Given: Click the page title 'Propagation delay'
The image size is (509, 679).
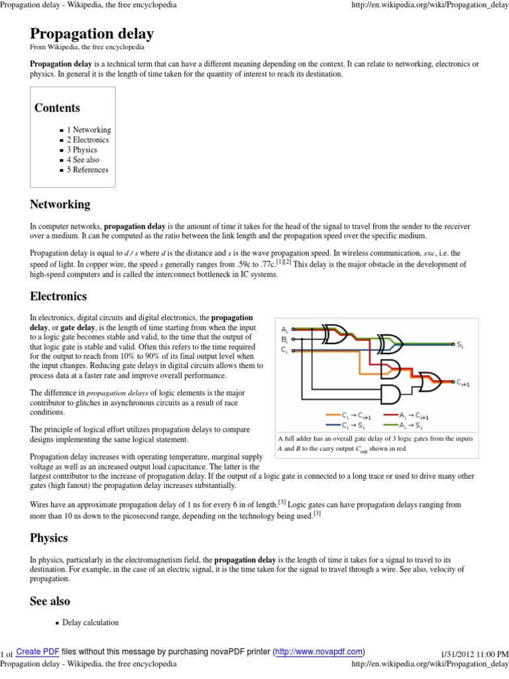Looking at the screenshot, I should click(91, 34).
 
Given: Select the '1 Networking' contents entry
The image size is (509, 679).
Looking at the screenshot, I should click(88, 130).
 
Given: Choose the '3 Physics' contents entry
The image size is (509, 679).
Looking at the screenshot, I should click(82, 150).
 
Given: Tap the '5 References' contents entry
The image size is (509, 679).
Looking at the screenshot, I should click(87, 170).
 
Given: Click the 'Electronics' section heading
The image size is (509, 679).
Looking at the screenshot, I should click(58, 296).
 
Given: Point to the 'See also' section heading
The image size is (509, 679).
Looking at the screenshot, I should click(50, 601).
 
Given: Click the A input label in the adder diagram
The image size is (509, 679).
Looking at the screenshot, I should click(284, 329).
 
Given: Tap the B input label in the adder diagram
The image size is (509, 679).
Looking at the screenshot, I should click(284, 339).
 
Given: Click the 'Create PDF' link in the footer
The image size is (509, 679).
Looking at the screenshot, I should click(38, 652).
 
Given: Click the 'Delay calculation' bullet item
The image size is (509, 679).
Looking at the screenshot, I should click(91, 623).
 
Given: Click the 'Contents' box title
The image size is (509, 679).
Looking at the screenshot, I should click(57, 108).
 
